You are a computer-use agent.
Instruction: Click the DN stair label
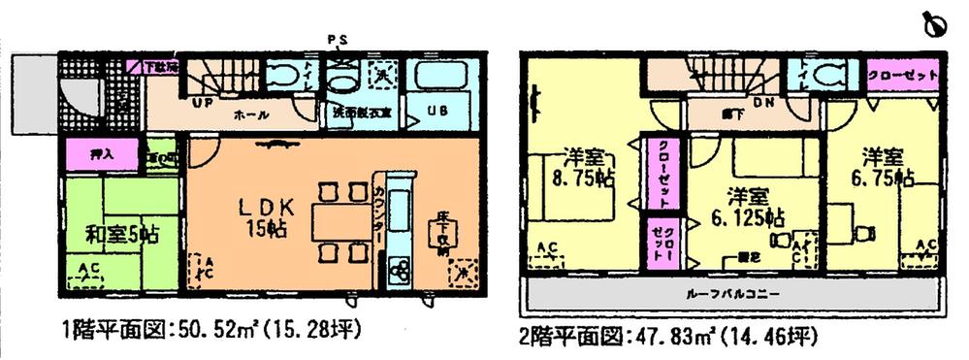tap(761, 100)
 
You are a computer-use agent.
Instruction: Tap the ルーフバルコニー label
tap(736, 293)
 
